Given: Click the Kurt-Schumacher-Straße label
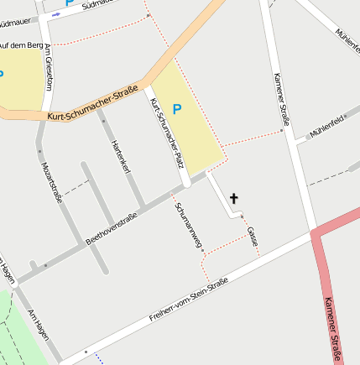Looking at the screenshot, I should pyautogui.click(x=92, y=107).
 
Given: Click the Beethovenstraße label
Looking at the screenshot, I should pyautogui.click(x=111, y=227).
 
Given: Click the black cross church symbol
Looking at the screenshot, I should pyautogui.click(x=233, y=199).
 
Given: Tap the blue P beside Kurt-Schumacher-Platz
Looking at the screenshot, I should pyautogui.click(x=176, y=109).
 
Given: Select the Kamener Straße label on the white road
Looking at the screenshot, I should pyautogui.click(x=282, y=99).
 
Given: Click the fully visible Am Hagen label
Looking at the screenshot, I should pyautogui.click(x=39, y=324).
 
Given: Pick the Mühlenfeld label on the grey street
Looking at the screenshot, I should pyautogui.click(x=326, y=128).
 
